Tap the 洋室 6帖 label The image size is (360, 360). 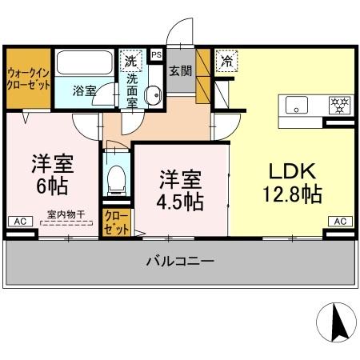coord(52,175)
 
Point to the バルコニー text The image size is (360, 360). coord(180,261)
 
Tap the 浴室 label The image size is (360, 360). coord(85,90)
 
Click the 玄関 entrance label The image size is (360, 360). coord(178,71)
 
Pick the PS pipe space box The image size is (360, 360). coord(155,54)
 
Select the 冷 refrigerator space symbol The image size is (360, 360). coord(227,59)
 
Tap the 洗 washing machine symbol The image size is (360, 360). coord(129,58)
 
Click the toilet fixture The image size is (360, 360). coord(117,179)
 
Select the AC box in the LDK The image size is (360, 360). coord(338,221)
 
